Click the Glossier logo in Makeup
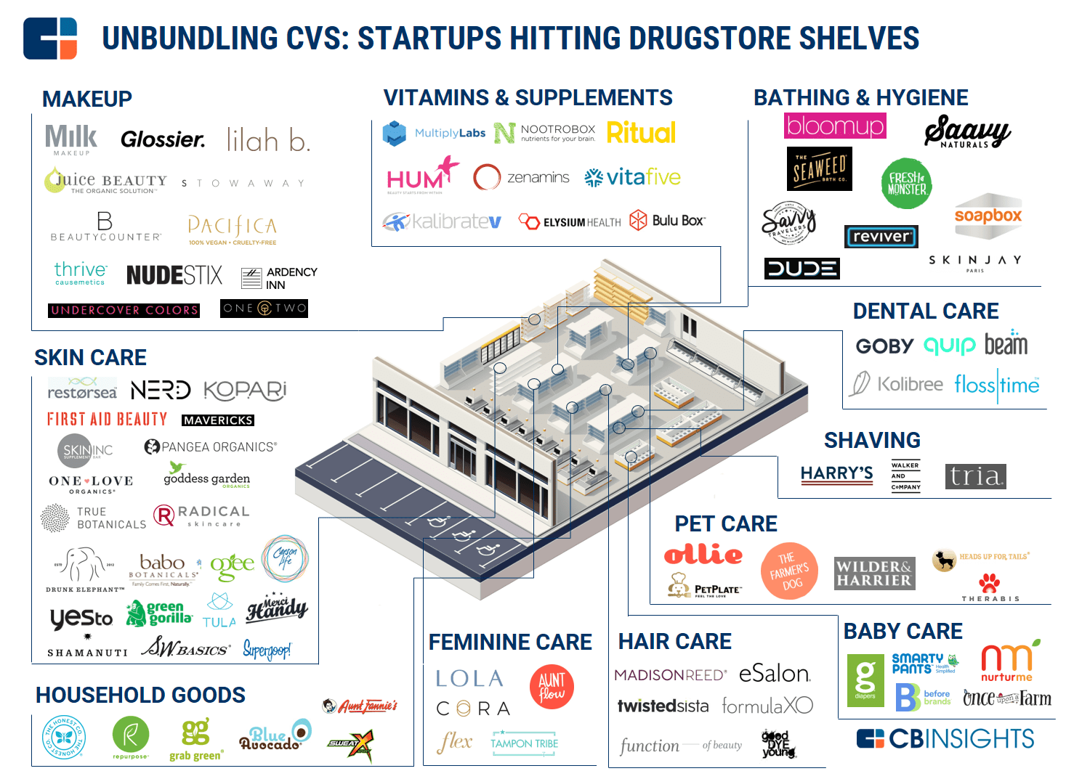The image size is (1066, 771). coord(163,139)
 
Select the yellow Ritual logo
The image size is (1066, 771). coord(641,133)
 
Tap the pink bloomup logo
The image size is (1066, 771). coord(835,126)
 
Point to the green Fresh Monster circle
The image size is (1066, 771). coord(906,183)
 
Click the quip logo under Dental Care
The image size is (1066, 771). coord(949,346)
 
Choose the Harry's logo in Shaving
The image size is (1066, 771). coord(836,474)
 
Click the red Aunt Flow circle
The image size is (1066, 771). coord(552,687)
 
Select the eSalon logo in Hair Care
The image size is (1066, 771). coord(774,674)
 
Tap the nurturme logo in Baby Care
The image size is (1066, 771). coord(1007,662)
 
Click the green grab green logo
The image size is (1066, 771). coord(195,739)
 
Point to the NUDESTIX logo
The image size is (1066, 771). coord(174,275)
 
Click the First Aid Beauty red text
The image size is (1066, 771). coord(107,419)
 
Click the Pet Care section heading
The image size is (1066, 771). coord(725,523)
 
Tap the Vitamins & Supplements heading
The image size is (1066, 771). coord(528,97)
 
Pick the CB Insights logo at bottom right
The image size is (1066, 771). coord(945,739)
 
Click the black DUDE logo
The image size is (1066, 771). coord(801,269)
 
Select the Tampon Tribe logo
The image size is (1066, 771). coord(524,743)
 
